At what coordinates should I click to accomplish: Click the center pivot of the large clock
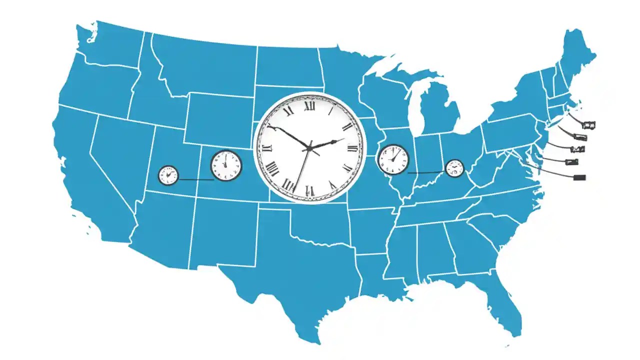309,148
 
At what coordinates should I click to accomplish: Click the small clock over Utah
168,175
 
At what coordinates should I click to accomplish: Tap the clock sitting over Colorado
226,165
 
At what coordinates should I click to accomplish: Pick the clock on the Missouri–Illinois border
392,159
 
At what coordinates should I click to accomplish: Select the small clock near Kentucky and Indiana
454,168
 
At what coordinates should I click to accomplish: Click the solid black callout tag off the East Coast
580,177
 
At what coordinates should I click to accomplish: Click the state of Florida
505,300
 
